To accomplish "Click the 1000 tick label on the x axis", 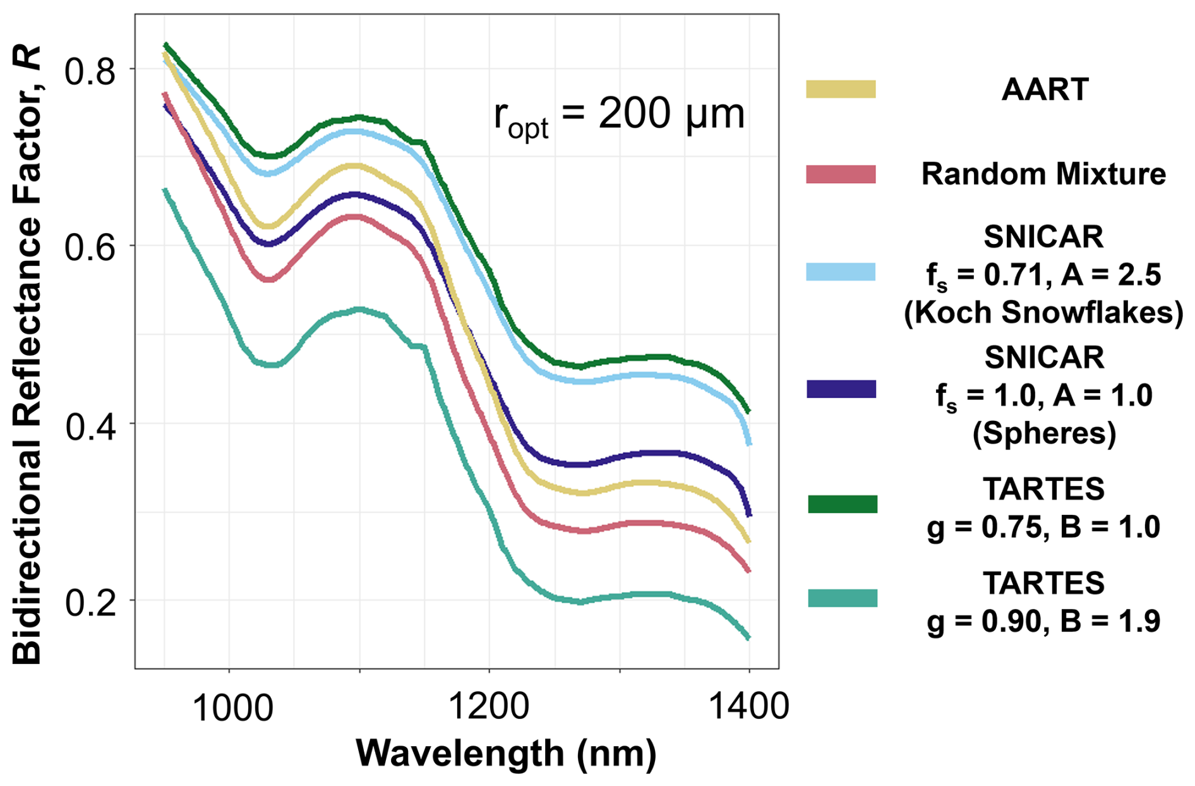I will point(232,706).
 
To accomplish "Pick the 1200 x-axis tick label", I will point(488,706).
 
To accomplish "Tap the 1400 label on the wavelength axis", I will point(749,706).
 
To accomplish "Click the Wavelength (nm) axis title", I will point(506,753).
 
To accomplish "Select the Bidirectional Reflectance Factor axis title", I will point(27,354).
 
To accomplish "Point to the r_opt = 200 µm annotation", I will point(619,116).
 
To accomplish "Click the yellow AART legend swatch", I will point(841,89).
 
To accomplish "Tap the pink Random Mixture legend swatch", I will point(841,174).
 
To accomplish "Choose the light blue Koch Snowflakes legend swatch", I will point(841,272).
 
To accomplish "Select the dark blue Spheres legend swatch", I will point(841,389).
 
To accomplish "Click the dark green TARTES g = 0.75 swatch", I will point(843,504).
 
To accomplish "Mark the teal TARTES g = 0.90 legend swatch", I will point(843,598).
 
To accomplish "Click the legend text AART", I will point(1045,90).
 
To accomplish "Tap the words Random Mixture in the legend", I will point(1043,174).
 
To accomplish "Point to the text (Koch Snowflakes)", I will point(1043,313).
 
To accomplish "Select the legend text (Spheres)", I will point(1043,433).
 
